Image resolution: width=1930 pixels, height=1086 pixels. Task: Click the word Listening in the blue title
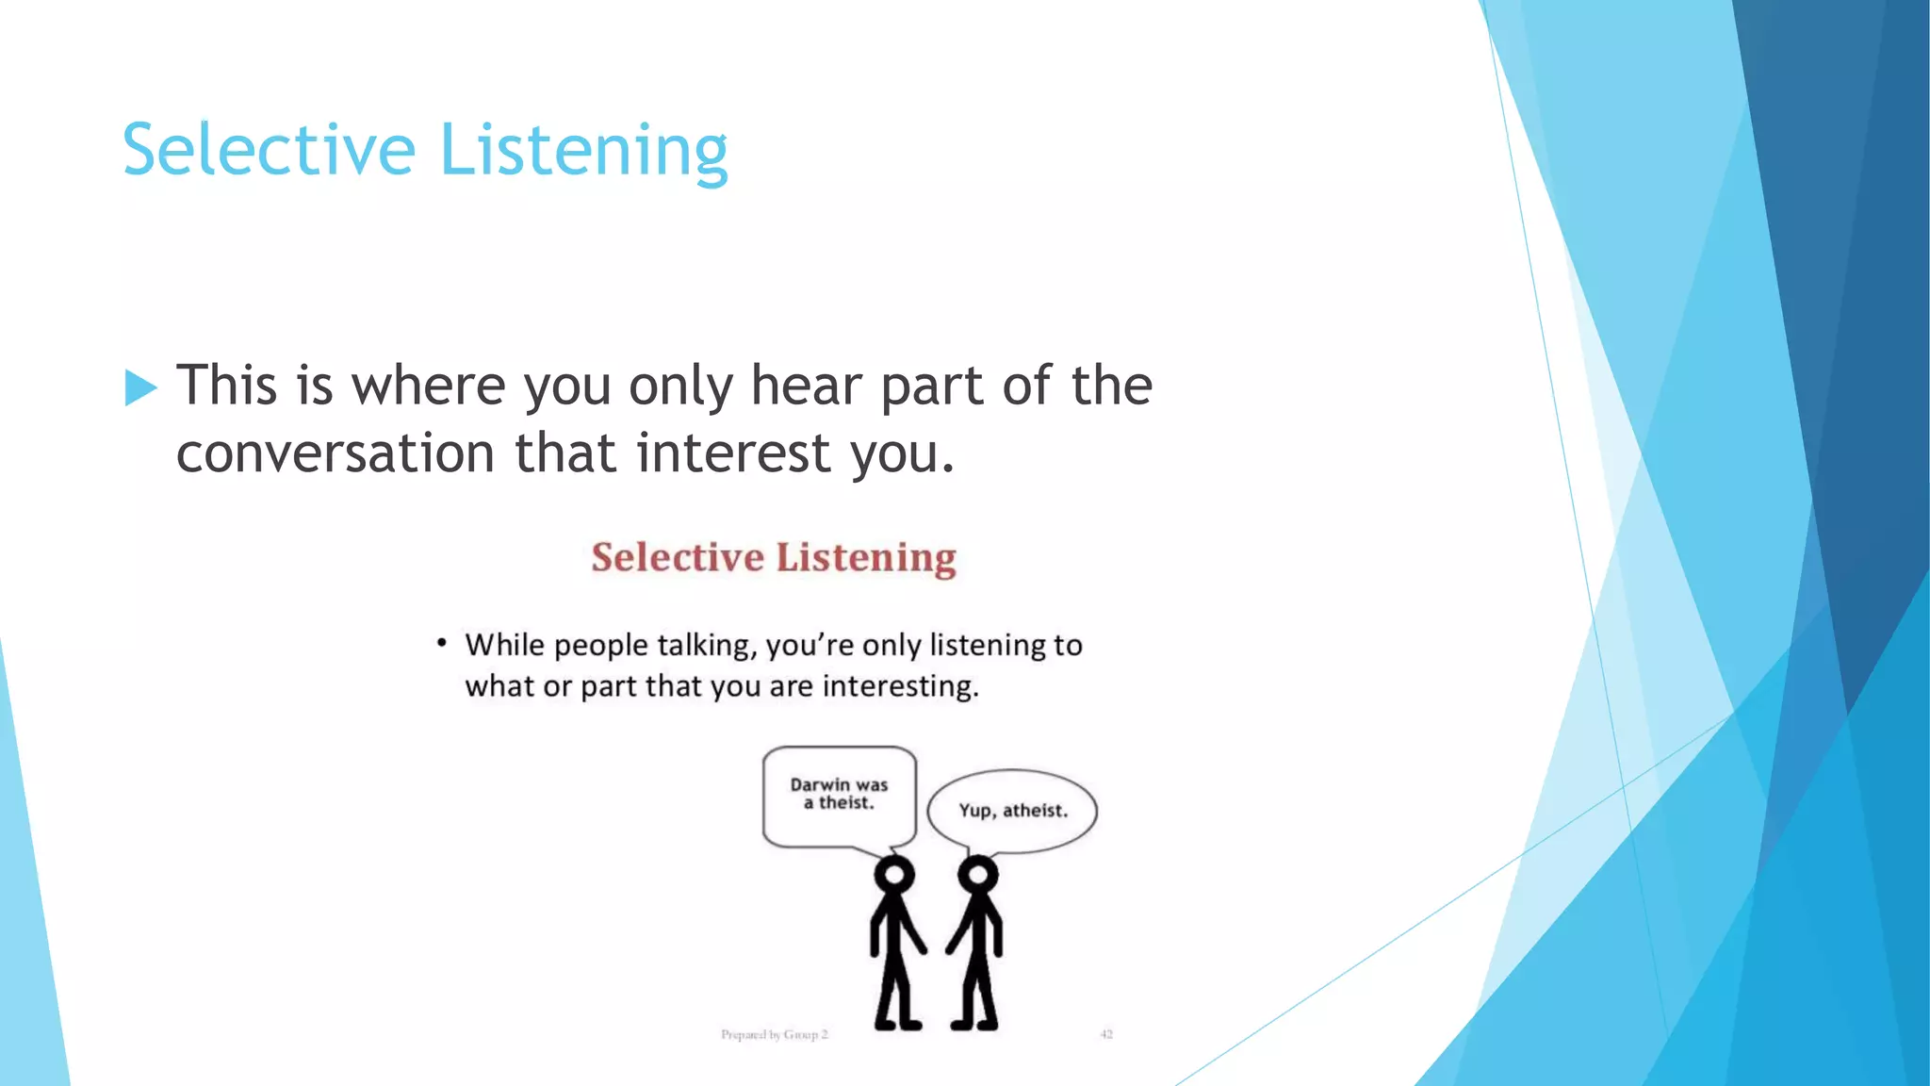point(583,151)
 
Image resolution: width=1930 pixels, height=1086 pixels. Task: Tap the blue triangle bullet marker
point(140,387)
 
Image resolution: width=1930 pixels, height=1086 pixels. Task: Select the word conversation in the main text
point(335,453)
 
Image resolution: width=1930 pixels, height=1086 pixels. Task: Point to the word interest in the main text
point(732,453)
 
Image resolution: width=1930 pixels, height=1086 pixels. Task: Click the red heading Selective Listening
point(773,557)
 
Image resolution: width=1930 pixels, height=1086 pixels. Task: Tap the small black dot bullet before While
point(441,643)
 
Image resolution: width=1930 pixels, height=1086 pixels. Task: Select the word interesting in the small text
point(900,685)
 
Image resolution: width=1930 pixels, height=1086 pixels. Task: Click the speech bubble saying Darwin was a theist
point(839,795)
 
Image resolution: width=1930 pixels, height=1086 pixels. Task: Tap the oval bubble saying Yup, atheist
point(1012,811)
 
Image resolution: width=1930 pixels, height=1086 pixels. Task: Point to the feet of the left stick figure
point(897,1023)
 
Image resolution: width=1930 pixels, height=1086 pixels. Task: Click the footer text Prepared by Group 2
point(774,1034)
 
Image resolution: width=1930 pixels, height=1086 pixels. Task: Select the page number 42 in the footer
point(1106,1034)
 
